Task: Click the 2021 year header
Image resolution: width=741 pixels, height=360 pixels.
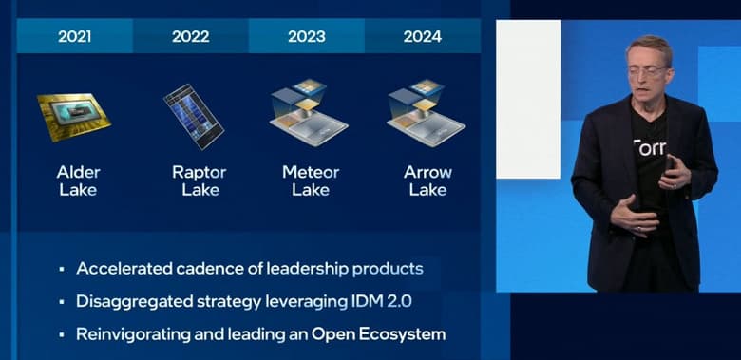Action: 75,37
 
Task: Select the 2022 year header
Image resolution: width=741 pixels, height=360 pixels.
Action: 191,37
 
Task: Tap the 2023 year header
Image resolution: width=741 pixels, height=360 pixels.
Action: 307,37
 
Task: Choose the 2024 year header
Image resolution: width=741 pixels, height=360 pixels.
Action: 423,37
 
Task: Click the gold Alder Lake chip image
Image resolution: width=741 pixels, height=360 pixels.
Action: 73,116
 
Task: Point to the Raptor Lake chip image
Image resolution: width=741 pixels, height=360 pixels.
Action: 193,117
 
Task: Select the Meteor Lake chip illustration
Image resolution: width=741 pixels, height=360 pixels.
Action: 309,113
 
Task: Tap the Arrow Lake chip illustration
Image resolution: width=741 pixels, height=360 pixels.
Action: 426,113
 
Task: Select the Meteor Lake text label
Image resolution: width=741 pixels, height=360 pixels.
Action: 311,180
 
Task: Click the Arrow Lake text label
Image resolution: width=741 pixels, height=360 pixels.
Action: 427,180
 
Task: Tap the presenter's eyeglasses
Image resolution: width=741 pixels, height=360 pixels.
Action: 648,69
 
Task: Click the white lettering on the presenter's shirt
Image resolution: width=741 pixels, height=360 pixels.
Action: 651,147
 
